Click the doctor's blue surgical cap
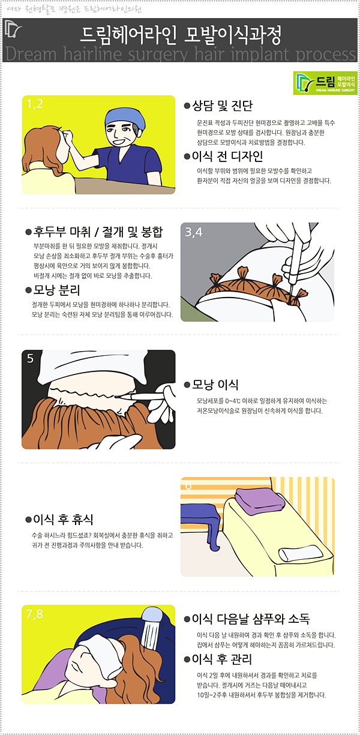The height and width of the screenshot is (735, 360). [125, 118]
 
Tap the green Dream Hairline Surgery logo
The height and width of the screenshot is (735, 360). [325, 83]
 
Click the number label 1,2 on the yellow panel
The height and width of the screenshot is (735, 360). [34, 104]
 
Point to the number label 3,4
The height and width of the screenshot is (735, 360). [193, 232]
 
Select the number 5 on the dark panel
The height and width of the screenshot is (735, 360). [30, 358]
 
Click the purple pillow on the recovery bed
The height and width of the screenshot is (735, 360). [259, 501]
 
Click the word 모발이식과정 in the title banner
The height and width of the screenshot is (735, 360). [232, 35]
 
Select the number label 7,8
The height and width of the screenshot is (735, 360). [34, 614]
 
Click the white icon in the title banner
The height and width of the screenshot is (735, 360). [13, 30]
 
